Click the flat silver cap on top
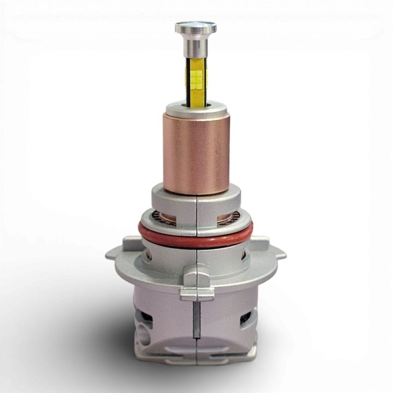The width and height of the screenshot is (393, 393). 195,27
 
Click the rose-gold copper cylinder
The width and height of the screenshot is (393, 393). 196,152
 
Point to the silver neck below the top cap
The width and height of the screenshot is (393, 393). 195,47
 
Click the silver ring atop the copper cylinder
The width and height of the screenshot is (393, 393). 196,108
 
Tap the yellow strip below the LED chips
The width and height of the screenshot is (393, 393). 196,93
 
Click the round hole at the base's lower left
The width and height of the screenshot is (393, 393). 143,339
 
